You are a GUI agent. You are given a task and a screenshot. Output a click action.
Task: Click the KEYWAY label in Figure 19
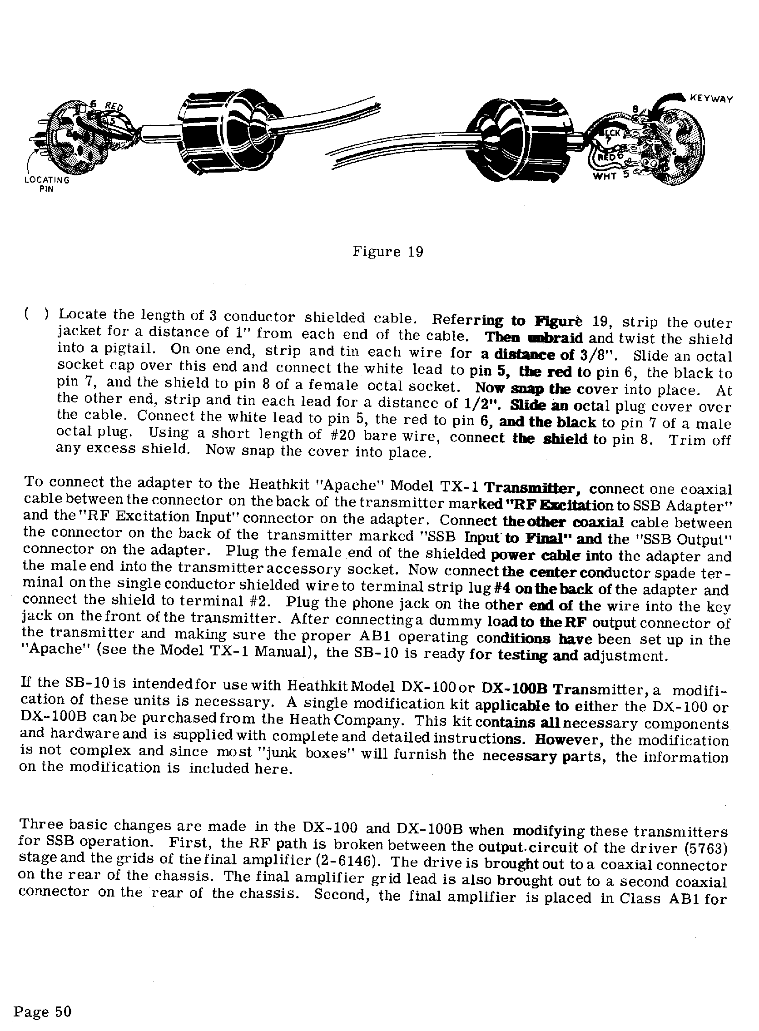point(711,98)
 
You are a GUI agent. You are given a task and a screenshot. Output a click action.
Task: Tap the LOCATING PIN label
point(46,184)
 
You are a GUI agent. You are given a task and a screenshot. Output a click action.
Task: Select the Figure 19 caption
point(388,252)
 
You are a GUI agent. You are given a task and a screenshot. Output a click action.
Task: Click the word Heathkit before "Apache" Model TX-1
point(279,484)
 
